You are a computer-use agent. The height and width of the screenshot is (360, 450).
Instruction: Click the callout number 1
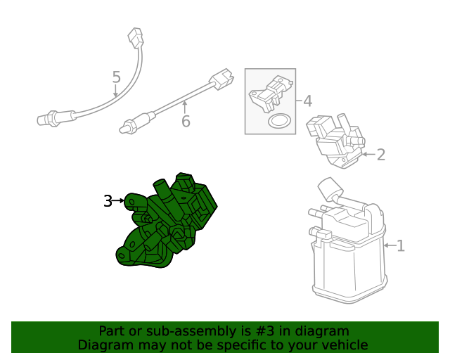click(x=401, y=246)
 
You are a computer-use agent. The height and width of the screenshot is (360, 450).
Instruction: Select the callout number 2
click(x=380, y=155)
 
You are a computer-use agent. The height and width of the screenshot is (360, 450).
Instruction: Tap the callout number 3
click(x=108, y=201)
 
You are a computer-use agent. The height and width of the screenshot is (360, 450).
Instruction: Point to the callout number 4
click(x=307, y=101)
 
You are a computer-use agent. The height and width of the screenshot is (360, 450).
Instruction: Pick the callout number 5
click(x=116, y=77)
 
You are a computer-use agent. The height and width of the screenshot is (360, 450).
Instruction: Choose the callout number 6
click(x=186, y=122)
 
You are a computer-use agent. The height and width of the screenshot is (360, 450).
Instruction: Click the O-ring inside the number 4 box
click(x=280, y=122)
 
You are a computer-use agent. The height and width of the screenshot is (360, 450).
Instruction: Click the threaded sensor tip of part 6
click(x=127, y=127)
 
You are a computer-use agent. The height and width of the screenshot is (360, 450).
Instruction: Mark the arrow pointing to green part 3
click(x=120, y=201)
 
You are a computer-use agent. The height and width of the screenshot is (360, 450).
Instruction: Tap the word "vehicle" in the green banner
click(x=344, y=345)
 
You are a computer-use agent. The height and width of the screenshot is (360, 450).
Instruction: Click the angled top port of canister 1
click(x=330, y=188)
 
